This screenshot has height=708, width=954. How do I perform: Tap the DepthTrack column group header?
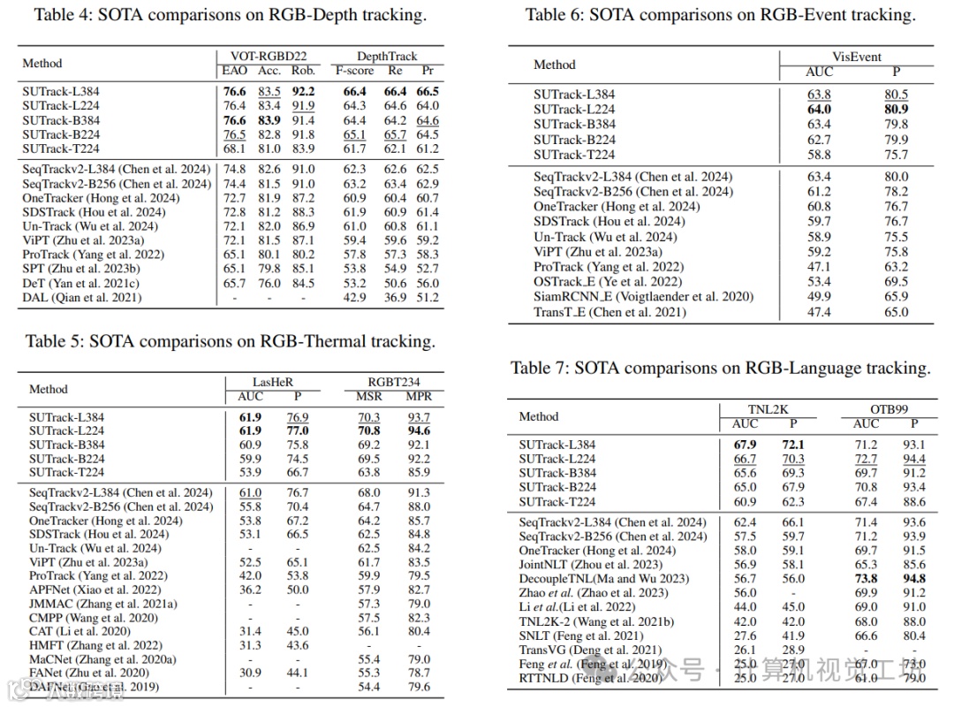[x=387, y=57]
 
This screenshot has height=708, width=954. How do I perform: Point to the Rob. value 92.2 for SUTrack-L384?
[x=304, y=91]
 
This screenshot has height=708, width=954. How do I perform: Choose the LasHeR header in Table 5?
[x=252, y=382]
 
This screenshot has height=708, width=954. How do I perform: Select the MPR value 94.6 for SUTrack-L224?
[x=420, y=430]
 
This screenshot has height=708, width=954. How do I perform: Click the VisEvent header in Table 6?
[x=857, y=57]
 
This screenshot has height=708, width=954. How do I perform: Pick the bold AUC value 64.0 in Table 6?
[x=819, y=110]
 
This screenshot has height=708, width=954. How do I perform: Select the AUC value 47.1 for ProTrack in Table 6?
[x=819, y=267]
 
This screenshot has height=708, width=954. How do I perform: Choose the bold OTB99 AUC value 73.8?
[x=866, y=579]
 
